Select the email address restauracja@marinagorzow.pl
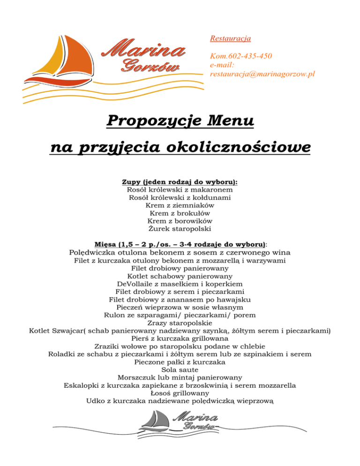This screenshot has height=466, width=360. pyautogui.click(x=262, y=74)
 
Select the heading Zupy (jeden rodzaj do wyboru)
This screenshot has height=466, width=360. pyautogui.click(x=180, y=181)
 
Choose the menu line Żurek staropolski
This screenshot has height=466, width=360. pyautogui.click(x=180, y=229)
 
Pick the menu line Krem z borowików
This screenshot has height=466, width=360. pyautogui.click(x=180, y=221)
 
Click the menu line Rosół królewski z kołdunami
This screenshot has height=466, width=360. pyautogui.click(x=180, y=197)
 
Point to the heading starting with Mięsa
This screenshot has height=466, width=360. pyautogui.click(x=180, y=245)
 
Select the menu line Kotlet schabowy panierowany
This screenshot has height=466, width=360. pyautogui.click(x=180, y=276)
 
